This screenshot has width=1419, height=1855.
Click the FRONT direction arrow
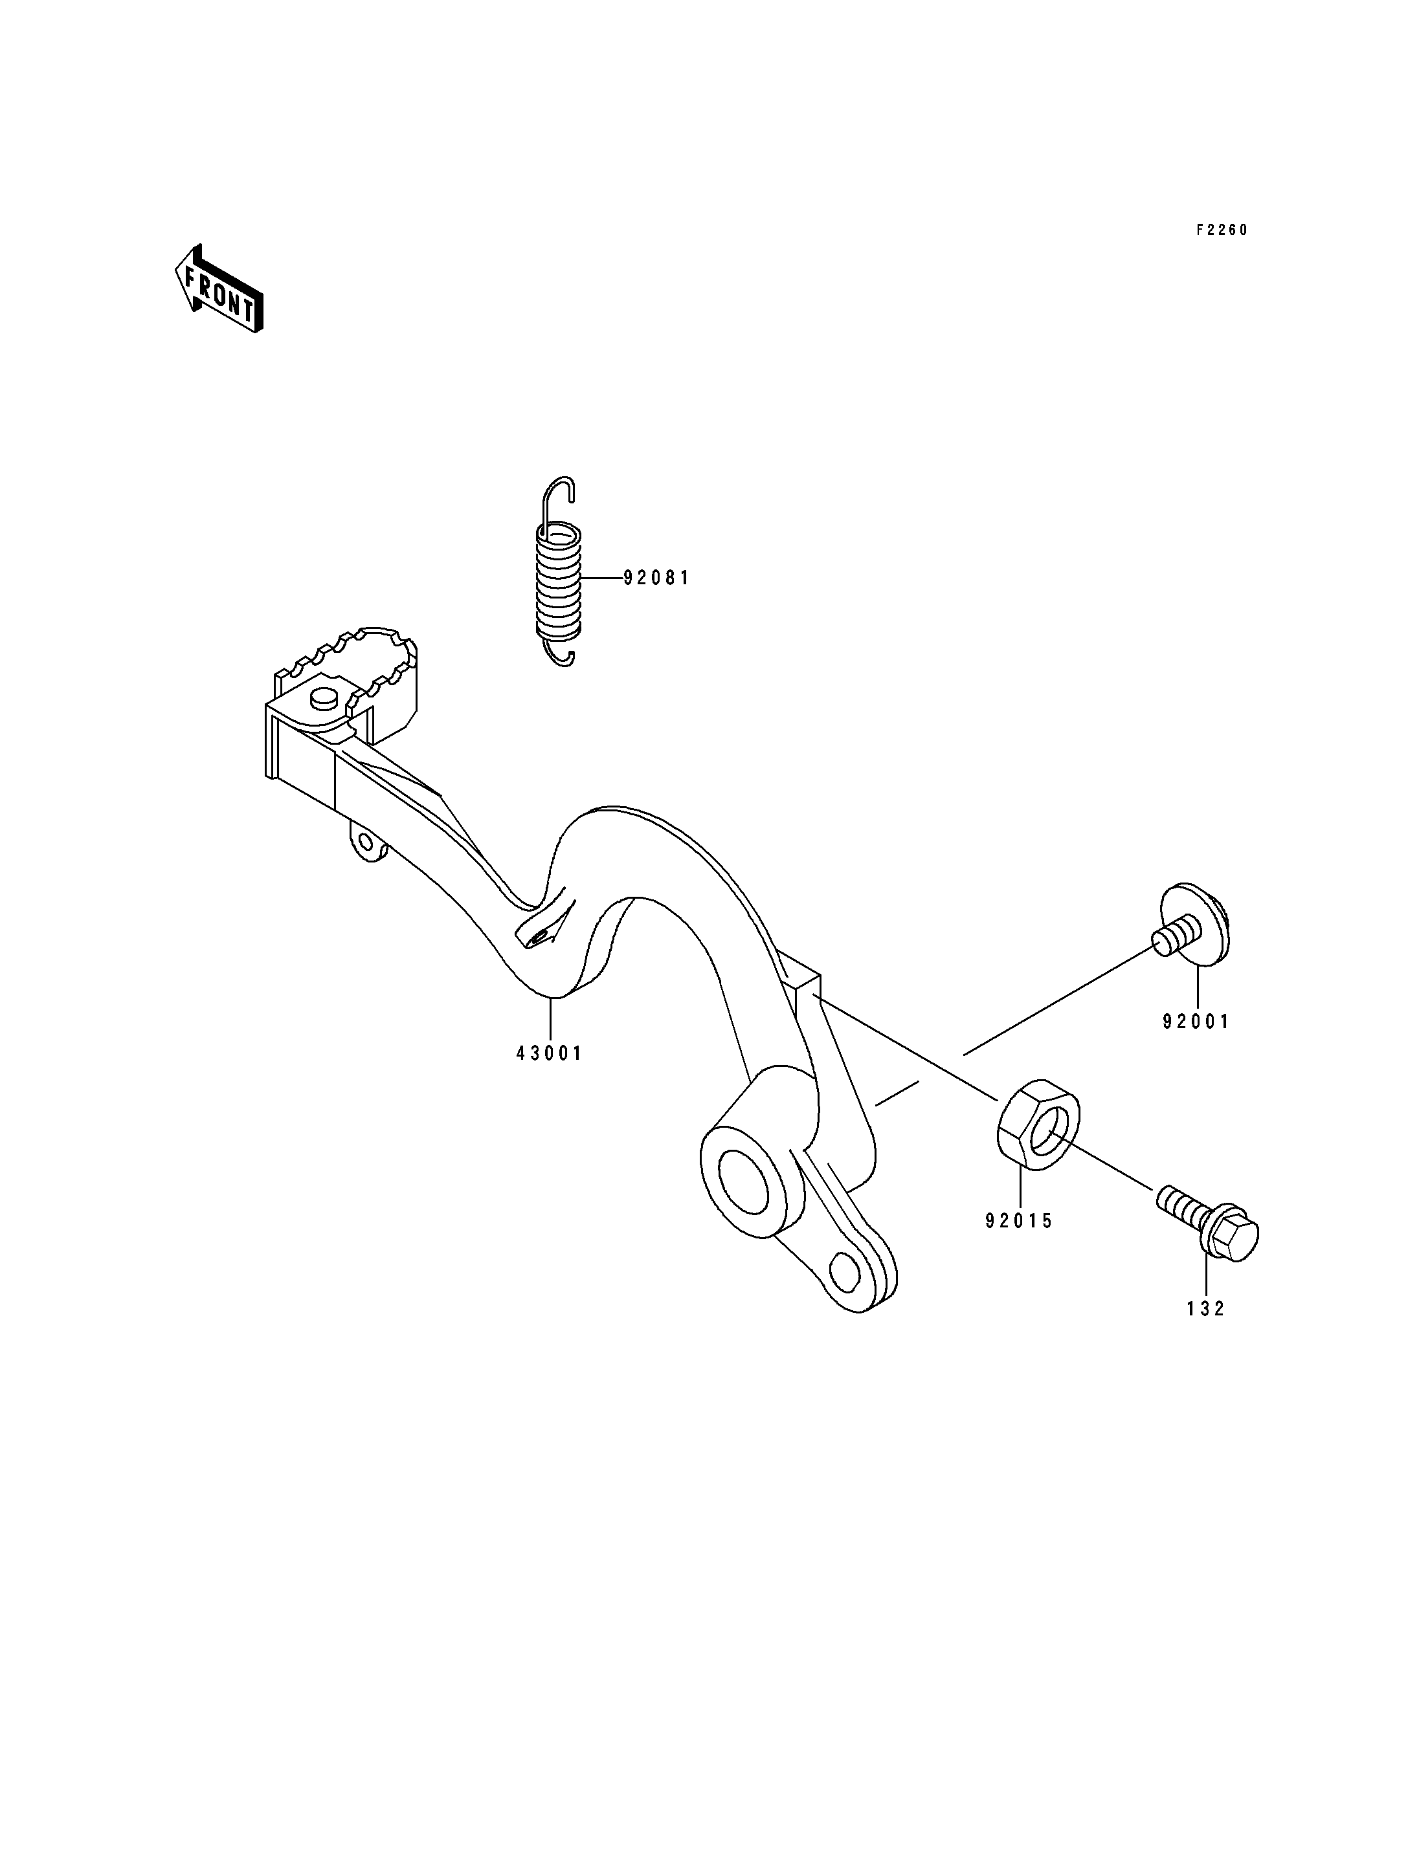click(219, 289)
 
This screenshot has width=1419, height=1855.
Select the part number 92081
click(656, 578)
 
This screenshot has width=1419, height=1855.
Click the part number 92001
click(1196, 1022)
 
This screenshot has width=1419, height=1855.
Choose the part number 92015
click(1020, 1221)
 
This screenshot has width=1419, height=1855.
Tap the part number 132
click(1205, 1309)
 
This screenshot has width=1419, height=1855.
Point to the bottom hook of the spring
click(561, 653)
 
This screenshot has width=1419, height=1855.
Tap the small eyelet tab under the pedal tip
click(366, 842)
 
